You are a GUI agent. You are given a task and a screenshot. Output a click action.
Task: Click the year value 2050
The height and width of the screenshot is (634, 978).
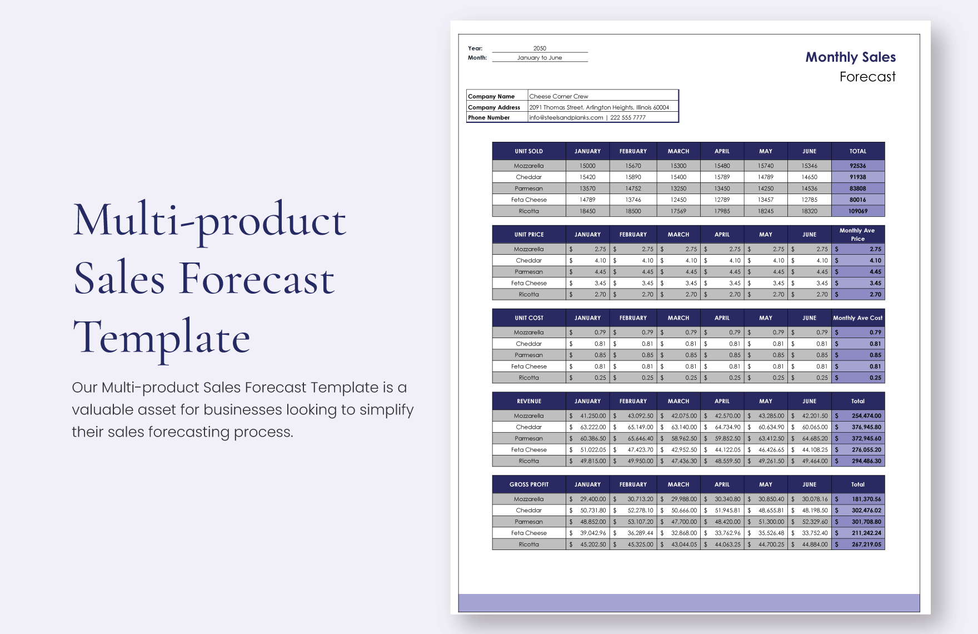pyautogui.click(x=540, y=48)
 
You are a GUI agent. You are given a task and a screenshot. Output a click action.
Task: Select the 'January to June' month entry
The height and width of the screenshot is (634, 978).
pyautogui.click(x=540, y=58)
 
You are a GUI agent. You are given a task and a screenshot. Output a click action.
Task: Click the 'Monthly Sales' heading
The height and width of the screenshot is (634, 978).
pyautogui.click(x=850, y=57)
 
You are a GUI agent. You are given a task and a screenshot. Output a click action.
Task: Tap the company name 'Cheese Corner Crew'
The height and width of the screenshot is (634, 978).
pyautogui.click(x=558, y=96)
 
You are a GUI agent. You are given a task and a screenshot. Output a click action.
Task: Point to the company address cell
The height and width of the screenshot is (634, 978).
pyautogui.click(x=599, y=107)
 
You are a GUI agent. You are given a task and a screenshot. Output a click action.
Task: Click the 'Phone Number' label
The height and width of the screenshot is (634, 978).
pyautogui.click(x=489, y=118)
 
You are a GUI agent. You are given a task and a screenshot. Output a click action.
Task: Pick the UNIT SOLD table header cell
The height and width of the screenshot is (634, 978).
pyautogui.click(x=528, y=151)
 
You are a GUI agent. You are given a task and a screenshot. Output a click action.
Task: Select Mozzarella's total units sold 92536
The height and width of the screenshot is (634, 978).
pyautogui.click(x=857, y=166)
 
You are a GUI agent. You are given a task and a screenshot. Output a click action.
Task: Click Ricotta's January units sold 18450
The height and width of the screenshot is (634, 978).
pyautogui.click(x=587, y=211)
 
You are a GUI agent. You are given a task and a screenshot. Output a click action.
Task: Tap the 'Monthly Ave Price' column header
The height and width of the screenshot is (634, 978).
pyautogui.click(x=857, y=235)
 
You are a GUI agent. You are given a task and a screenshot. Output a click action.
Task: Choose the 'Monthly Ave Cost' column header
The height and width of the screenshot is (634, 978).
pyautogui.click(x=857, y=318)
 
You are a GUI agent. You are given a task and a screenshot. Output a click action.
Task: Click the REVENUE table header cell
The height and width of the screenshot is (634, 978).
pyautogui.click(x=528, y=402)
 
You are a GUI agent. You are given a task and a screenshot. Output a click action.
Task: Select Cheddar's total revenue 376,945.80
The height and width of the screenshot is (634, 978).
pyautogui.click(x=866, y=427)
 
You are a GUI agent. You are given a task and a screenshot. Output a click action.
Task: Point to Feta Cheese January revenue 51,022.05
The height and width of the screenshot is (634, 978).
pyautogui.click(x=592, y=450)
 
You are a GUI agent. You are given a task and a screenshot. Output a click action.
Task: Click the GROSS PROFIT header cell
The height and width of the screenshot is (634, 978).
pyautogui.click(x=528, y=485)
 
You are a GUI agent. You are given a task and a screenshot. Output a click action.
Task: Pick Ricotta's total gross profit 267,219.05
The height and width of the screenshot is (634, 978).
pyautogui.click(x=866, y=544)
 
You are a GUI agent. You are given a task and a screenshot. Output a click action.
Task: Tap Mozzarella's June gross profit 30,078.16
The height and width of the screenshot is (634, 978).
pyautogui.click(x=814, y=499)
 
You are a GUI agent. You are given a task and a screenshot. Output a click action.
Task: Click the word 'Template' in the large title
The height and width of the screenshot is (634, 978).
pyautogui.click(x=162, y=338)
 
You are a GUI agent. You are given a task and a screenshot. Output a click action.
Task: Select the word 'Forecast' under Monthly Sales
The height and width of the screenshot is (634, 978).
pyautogui.click(x=867, y=77)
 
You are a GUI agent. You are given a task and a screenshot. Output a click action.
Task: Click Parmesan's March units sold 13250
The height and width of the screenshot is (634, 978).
pyautogui.click(x=678, y=189)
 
